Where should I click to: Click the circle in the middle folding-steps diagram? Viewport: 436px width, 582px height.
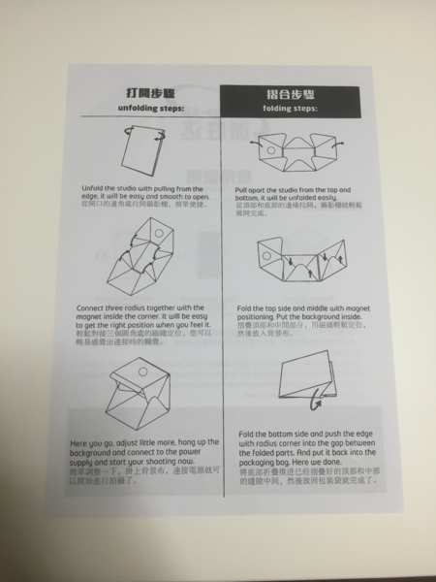point(295,252)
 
